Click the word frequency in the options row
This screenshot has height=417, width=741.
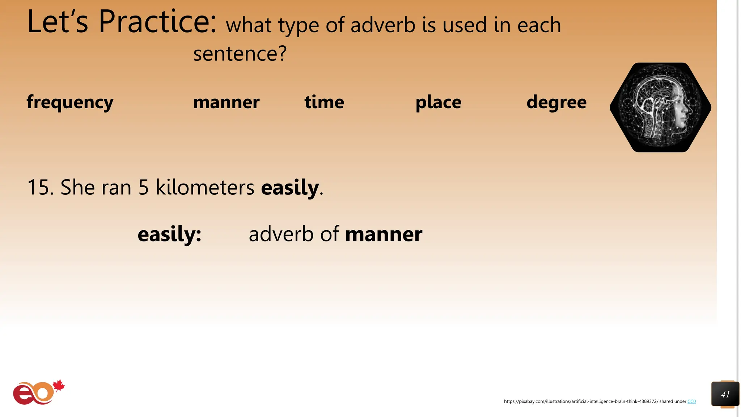(70, 102)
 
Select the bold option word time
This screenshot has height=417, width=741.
(324, 102)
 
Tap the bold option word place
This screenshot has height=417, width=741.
(438, 102)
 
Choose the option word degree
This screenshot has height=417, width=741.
(556, 102)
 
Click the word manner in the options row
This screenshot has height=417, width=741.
(226, 102)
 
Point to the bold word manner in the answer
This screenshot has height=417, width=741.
(384, 234)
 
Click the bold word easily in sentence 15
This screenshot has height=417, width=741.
(290, 188)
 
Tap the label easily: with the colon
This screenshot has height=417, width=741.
(169, 234)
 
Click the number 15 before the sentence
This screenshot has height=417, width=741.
(38, 188)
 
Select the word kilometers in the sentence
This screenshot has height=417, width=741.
(205, 188)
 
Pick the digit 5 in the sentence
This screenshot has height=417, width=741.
(144, 188)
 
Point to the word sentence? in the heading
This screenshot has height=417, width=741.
(240, 54)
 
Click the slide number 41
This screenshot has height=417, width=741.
(725, 394)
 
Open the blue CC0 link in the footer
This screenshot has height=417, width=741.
(691, 401)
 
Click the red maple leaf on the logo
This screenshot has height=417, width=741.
(59, 386)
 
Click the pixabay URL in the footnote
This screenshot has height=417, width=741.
(581, 401)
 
